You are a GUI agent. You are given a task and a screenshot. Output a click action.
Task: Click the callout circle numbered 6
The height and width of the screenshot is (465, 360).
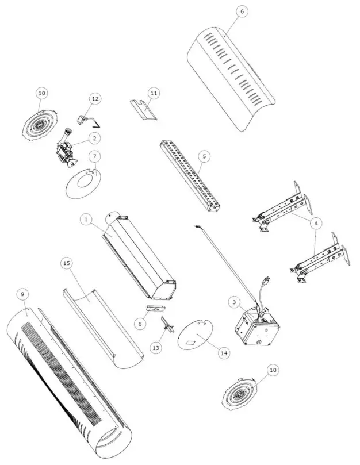tap(242, 11)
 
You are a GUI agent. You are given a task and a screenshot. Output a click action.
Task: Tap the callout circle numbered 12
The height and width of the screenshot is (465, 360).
tap(95, 99)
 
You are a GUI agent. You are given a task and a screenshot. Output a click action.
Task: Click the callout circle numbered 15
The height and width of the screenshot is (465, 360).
tap(67, 262)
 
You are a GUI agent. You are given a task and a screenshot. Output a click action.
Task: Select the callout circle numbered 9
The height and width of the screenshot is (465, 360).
tap(22, 294)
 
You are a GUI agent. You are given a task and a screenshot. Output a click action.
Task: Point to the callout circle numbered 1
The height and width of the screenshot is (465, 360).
tap(85, 219)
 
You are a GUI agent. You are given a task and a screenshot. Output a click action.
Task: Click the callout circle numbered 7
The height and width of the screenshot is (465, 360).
tap(95, 156)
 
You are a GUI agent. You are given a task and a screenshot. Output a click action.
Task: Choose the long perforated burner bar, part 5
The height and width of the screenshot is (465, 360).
tap(190, 175)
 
